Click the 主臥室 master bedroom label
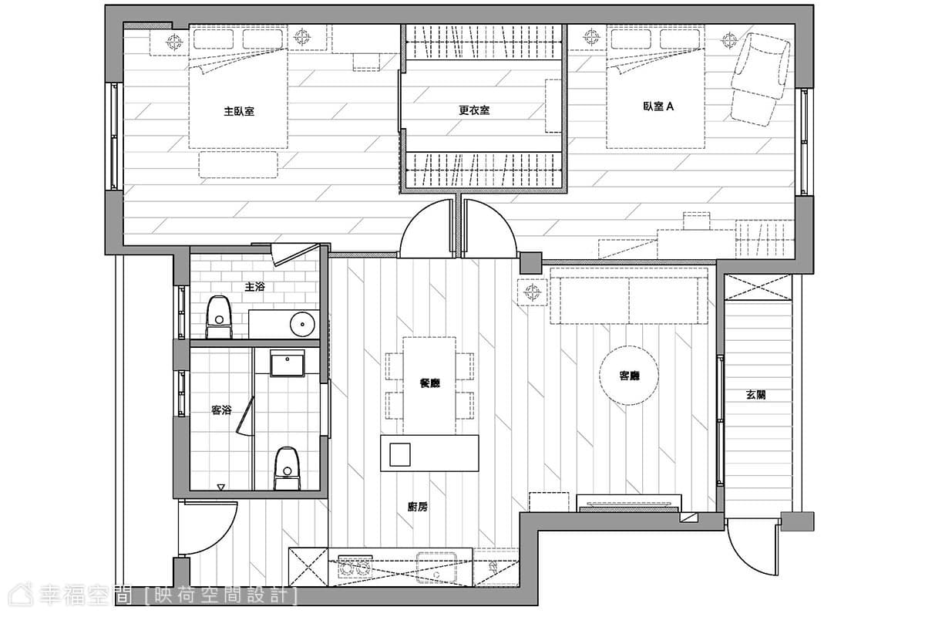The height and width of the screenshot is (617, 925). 239,112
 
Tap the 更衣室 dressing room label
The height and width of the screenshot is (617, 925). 474,110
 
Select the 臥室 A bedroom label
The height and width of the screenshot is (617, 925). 658,106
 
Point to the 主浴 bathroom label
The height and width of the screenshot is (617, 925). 254,286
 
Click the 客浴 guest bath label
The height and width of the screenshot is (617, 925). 221,410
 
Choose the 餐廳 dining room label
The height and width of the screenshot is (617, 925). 429,383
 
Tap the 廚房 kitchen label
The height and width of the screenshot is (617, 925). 418,507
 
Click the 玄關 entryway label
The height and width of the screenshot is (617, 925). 755,395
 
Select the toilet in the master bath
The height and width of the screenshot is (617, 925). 219,316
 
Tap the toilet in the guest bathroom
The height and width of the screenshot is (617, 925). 288,468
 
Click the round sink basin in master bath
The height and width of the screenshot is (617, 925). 303,325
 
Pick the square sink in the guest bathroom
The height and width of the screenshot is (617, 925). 287,362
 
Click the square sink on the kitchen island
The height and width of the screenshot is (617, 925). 400,454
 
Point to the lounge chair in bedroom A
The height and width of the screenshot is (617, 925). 760,79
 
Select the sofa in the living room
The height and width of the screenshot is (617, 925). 628,295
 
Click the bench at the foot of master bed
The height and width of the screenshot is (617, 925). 238,164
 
